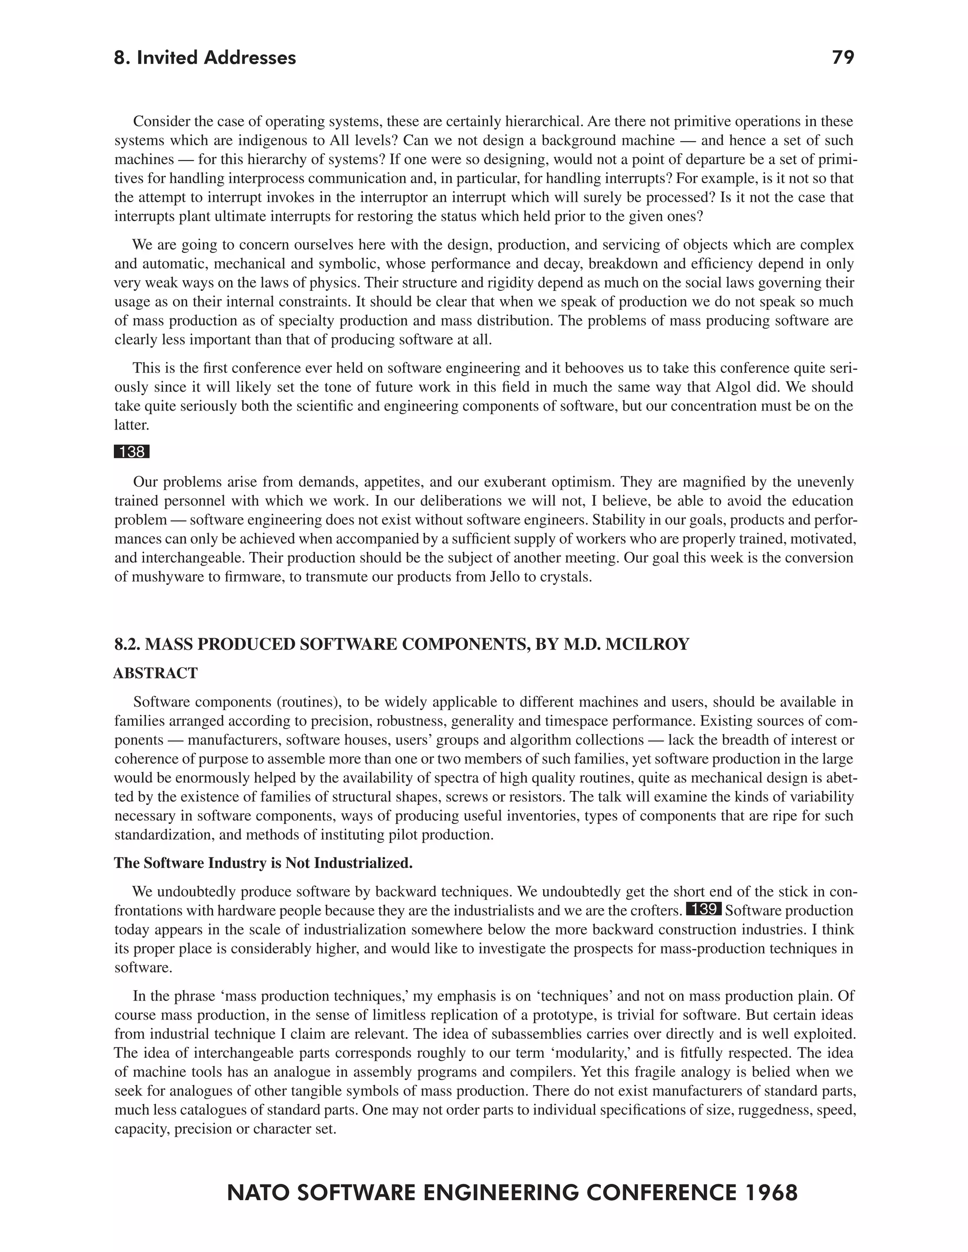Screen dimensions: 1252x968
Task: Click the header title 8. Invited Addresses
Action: tap(205, 58)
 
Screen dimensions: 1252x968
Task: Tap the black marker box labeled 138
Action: tap(131, 452)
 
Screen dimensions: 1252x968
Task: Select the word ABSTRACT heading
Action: tap(156, 673)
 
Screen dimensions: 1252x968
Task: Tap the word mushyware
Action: tap(164, 577)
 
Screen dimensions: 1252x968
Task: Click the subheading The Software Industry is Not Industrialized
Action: tap(263, 863)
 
